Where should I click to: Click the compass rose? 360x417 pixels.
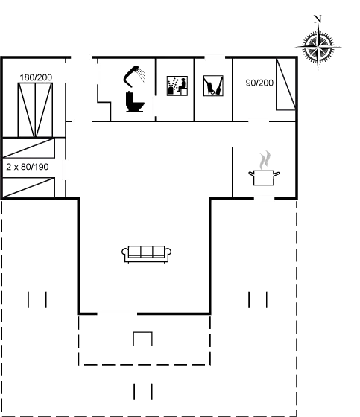318,48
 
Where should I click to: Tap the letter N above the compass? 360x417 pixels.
318,19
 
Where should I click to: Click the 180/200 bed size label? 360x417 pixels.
36,77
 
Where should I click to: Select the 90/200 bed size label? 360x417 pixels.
259,83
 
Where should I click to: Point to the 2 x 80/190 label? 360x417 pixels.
28,167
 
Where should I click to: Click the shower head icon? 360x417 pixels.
134,76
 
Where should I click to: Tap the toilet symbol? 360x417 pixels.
135,101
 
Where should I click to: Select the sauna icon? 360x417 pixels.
177,86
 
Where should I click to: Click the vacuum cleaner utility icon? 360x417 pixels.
213,86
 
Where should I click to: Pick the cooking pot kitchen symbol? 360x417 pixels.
264,177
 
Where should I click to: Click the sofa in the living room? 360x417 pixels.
146,254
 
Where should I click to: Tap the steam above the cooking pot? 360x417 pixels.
265,160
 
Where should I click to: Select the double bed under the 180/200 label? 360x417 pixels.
35,110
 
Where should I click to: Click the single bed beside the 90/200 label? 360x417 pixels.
285,84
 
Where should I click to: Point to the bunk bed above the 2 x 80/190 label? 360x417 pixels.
28,148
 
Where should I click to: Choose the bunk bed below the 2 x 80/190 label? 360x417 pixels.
28,188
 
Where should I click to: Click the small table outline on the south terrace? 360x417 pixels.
142,339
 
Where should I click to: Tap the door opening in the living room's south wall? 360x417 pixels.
117,313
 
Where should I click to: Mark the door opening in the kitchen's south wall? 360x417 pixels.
264,198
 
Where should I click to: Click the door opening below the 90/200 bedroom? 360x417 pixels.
259,121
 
